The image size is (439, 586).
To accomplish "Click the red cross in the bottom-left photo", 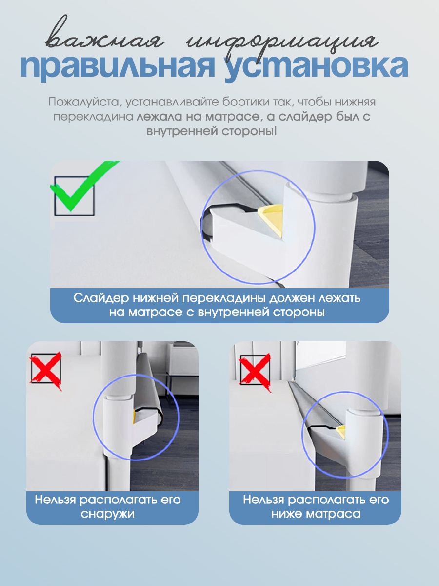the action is point(46,371).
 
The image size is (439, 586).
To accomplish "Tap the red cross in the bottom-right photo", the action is point(255,372).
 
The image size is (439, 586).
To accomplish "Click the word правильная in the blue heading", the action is point(118,67).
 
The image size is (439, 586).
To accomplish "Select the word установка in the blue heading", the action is point(317,67).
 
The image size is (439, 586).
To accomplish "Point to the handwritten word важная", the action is point(104,38).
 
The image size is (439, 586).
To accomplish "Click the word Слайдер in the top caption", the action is point(101,298).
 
